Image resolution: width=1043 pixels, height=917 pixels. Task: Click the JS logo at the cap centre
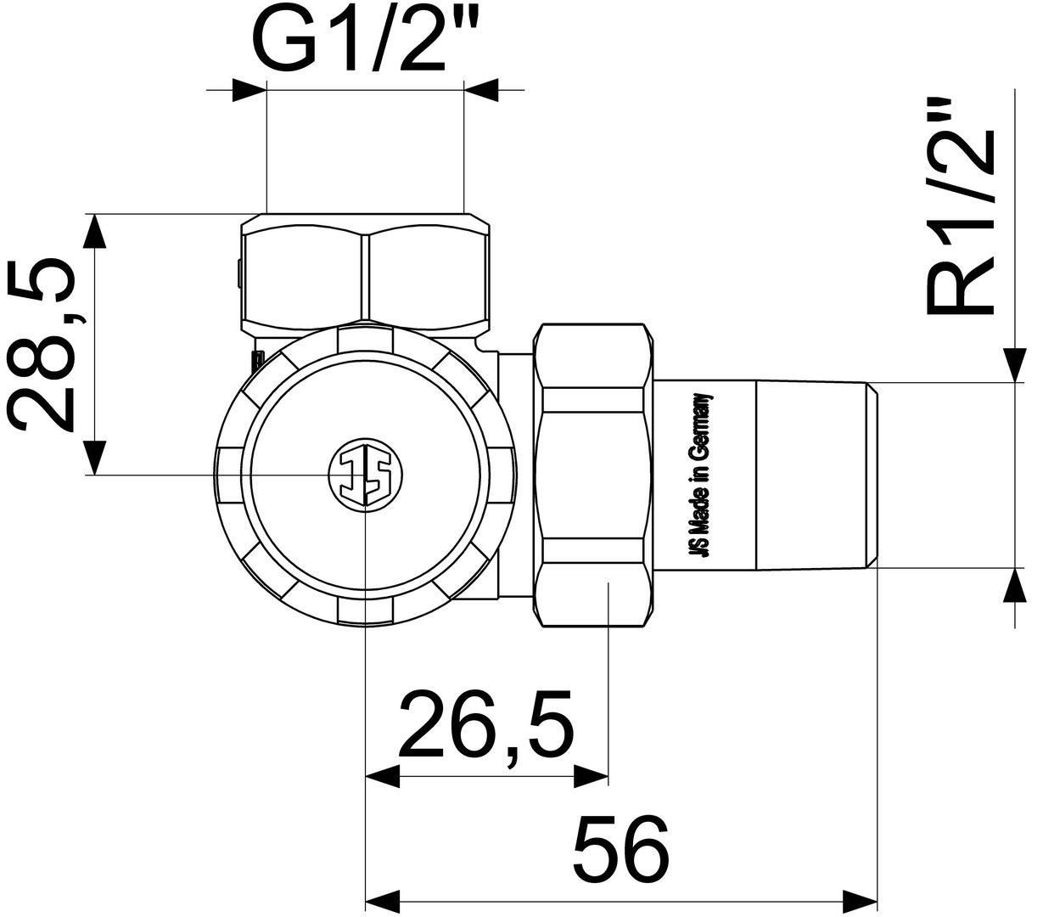click(x=366, y=475)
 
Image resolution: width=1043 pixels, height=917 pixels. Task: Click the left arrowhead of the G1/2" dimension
click(x=250, y=90)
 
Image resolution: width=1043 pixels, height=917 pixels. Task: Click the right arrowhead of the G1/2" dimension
click(x=481, y=90)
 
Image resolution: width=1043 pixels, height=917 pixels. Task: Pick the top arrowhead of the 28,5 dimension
click(x=95, y=231)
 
